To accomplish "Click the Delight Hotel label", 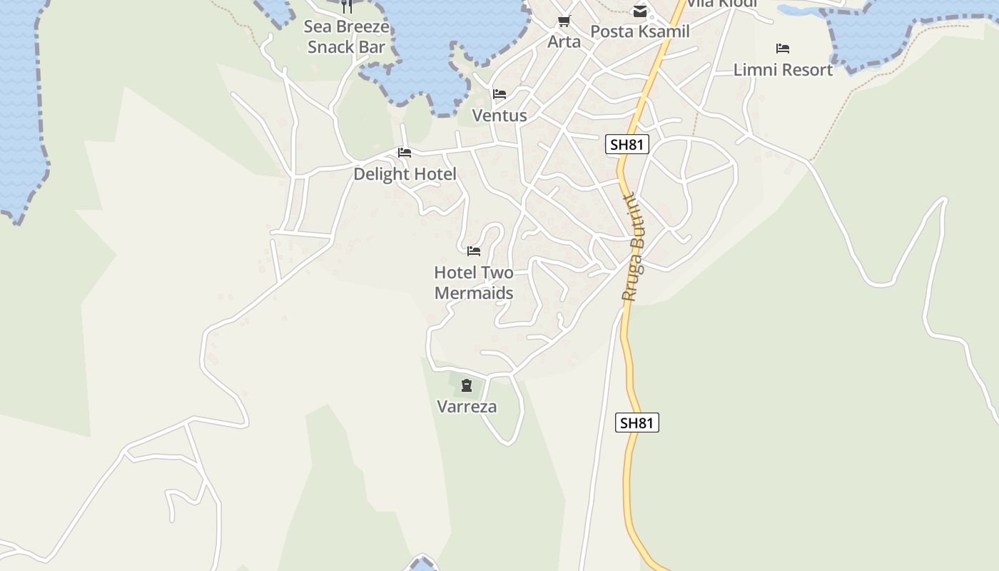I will tap(405, 174).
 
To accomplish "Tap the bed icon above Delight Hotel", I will tap(405, 153).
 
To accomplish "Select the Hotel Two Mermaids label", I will tap(474, 283).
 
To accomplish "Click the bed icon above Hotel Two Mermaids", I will tap(474, 251).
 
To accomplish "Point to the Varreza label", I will tap(467, 407).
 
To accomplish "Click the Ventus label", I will tap(499, 116).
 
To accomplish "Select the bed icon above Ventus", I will tap(499, 94).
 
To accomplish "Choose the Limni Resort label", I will tap(783, 70).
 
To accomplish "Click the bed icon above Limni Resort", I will tap(783, 49).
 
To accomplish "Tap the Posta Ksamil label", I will tap(640, 31).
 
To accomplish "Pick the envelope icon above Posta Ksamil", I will tap(640, 11).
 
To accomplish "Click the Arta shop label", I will tap(564, 42).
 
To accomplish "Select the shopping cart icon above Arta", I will tap(564, 21).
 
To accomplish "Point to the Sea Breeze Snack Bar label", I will tap(347, 37).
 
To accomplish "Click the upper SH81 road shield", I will tap(627, 144).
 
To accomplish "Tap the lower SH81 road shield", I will tap(637, 423).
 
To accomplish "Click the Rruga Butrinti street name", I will tap(633, 247).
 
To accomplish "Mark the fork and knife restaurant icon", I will tap(347, 6).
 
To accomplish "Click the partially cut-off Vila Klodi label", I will tap(721, 4).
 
